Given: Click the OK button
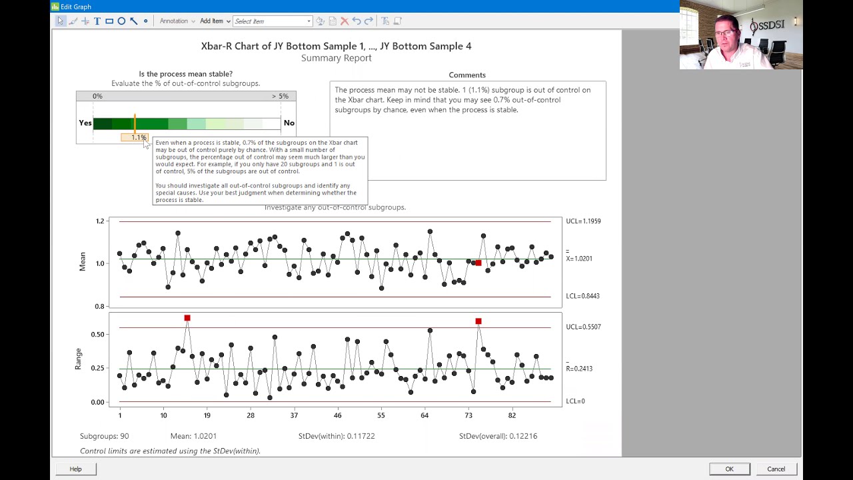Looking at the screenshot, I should point(729,469).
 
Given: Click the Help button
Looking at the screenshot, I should point(75,469).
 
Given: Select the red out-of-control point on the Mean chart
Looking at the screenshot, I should point(478,263).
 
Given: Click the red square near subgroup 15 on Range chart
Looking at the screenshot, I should point(187,318).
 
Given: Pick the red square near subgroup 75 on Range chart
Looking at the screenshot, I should point(478,321).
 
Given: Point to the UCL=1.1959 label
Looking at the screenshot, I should point(583,221).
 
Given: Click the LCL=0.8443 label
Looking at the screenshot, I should point(582,296).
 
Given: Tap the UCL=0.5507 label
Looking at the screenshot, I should point(583,327).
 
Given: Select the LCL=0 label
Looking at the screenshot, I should point(575,401).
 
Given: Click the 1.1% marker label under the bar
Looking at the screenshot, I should point(137,137).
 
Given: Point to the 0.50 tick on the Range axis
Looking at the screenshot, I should point(97,334).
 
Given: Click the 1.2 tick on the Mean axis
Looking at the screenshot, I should point(100,221).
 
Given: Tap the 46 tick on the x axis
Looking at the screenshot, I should point(337,415).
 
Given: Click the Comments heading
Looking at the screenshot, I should point(467,75).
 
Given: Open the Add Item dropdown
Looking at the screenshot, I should point(215,21).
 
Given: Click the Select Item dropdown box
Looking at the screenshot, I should point(272,21).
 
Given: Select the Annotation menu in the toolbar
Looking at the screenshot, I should point(177,21).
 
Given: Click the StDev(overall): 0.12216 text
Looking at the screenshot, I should point(498,436).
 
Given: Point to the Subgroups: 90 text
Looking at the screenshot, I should point(104,436).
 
